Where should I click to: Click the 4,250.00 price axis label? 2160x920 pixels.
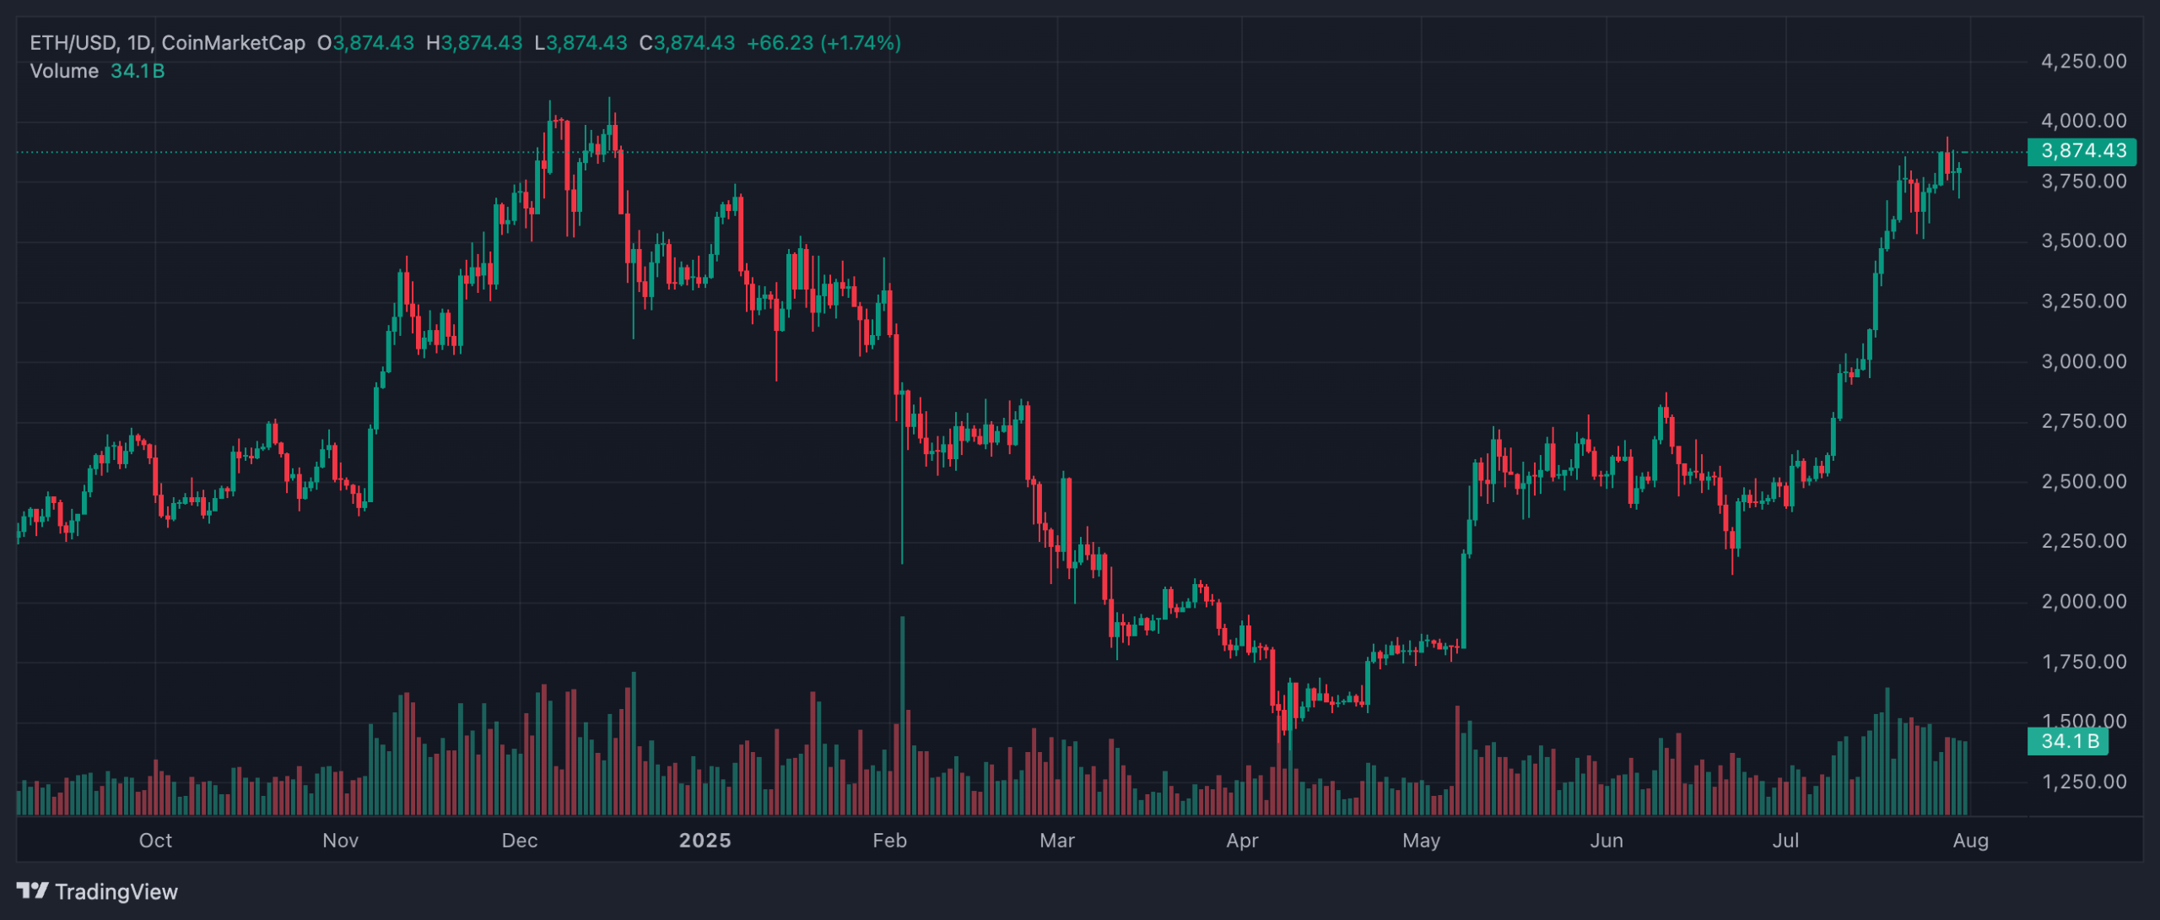click(x=2083, y=62)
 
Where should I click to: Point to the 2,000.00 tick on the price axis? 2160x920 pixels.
click(x=2083, y=602)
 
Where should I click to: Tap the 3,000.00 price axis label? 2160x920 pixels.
click(x=2083, y=362)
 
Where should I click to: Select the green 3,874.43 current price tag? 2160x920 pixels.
click(x=2082, y=152)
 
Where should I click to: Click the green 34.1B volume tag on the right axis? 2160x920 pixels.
click(x=2068, y=742)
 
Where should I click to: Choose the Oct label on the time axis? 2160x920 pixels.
click(x=155, y=841)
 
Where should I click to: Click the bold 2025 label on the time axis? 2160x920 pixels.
click(x=705, y=841)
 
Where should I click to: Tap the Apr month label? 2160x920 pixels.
click(x=1242, y=841)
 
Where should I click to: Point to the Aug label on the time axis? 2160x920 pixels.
click(x=1970, y=841)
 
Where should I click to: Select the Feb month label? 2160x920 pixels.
click(x=889, y=841)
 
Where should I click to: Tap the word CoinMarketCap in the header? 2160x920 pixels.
click(x=233, y=43)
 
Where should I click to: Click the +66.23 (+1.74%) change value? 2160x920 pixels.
click(x=823, y=43)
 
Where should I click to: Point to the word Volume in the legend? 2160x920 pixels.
click(x=64, y=72)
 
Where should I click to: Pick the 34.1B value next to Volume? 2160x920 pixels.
click(x=138, y=72)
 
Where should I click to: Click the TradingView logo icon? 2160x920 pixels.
click(x=33, y=891)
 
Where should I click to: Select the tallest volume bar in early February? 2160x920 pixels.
click(x=902, y=717)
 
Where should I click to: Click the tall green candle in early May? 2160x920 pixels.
click(x=1464, y=599)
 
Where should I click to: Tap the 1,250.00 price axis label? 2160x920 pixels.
click(x=2083, y=782)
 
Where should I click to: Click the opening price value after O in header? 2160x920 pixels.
click(x=373, y=43)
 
